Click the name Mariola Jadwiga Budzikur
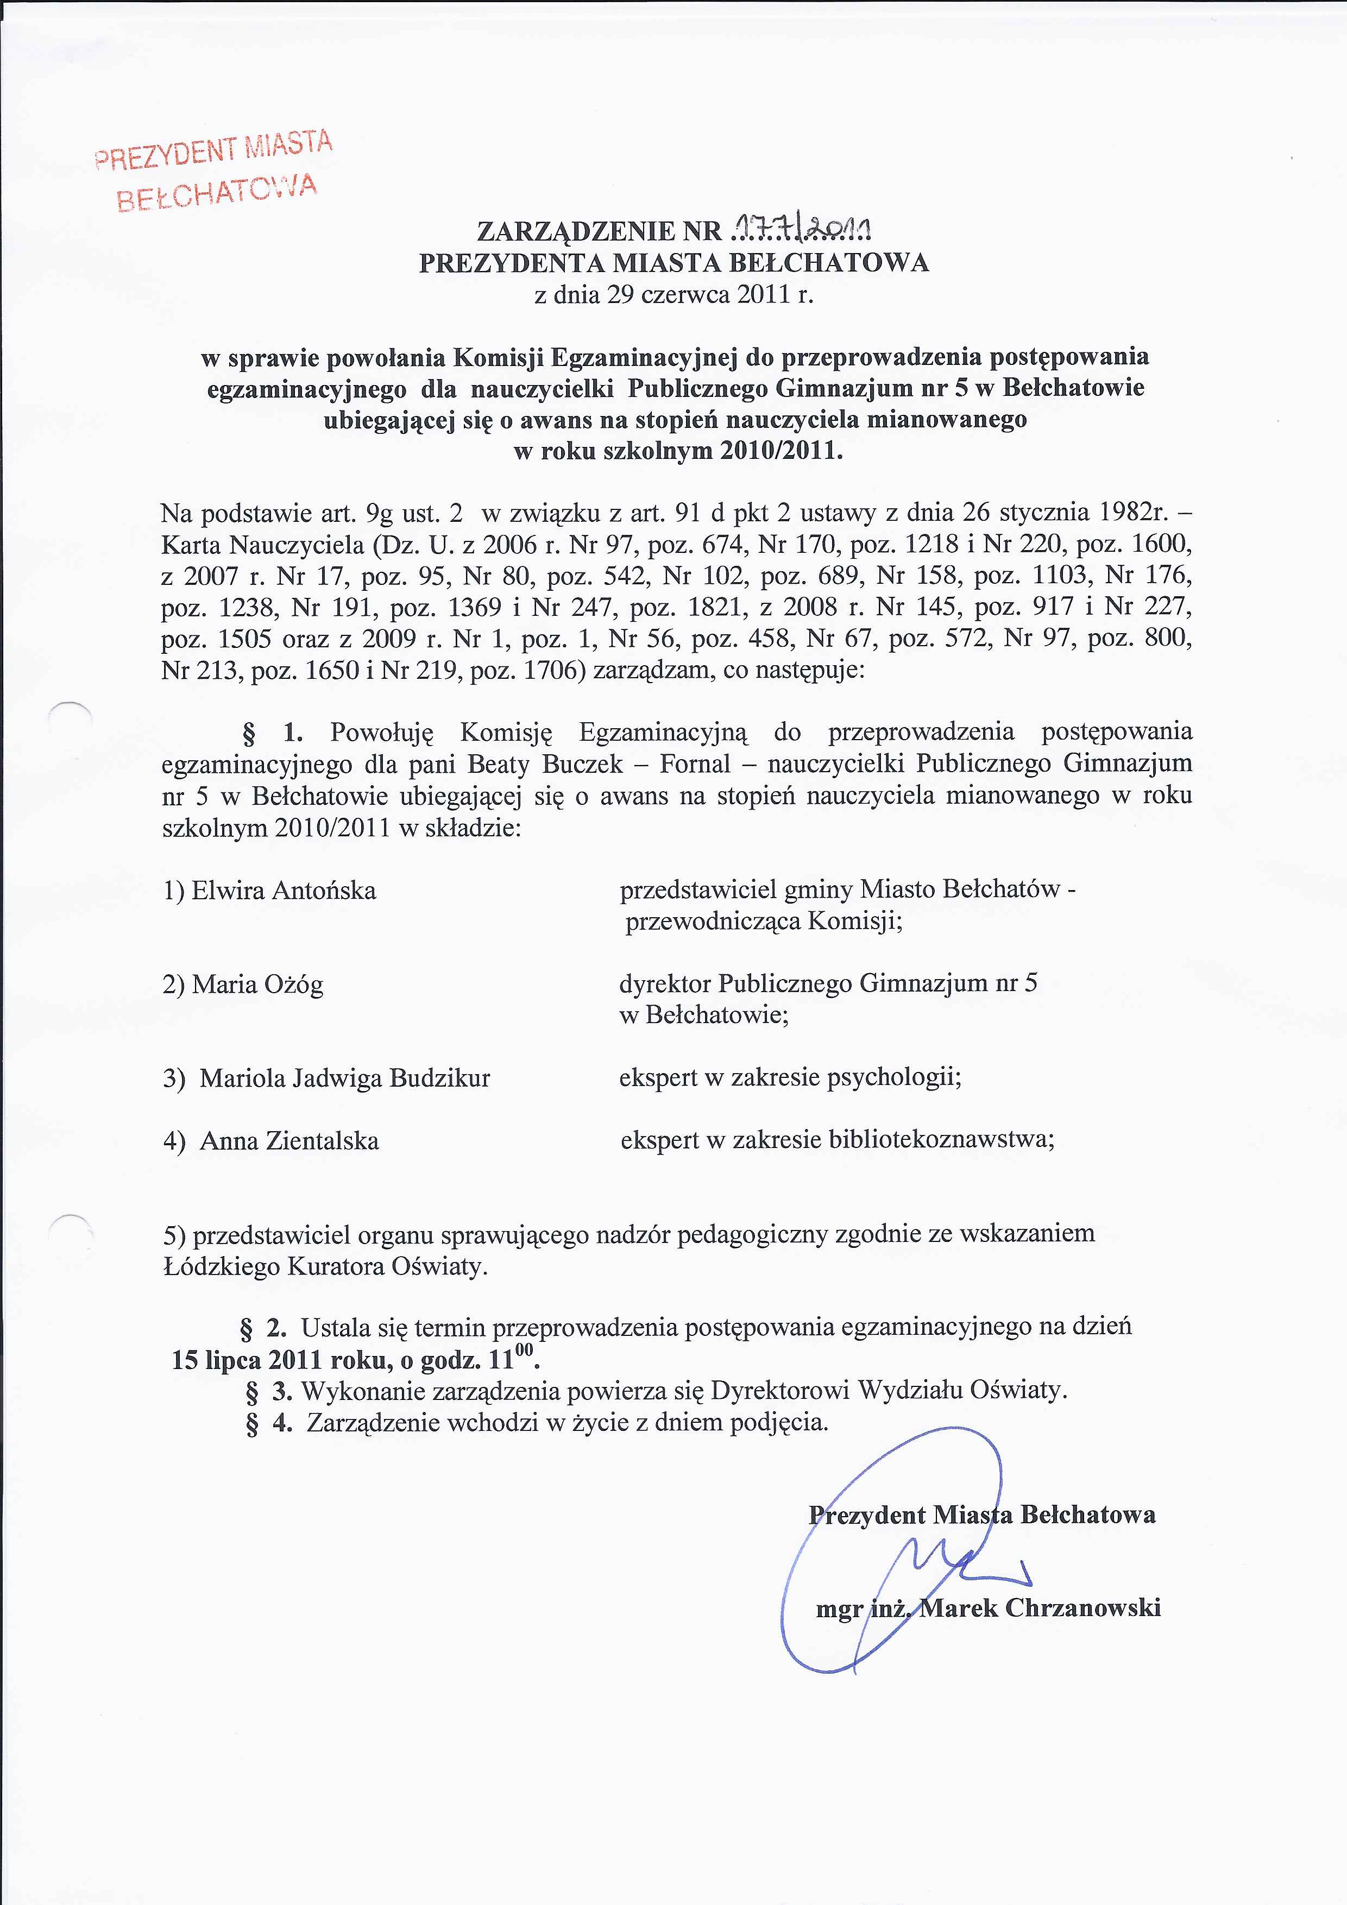(344, 1078)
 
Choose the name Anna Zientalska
(289, 1141)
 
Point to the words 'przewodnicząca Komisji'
(764, 922)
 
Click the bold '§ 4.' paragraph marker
(270, 1422)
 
